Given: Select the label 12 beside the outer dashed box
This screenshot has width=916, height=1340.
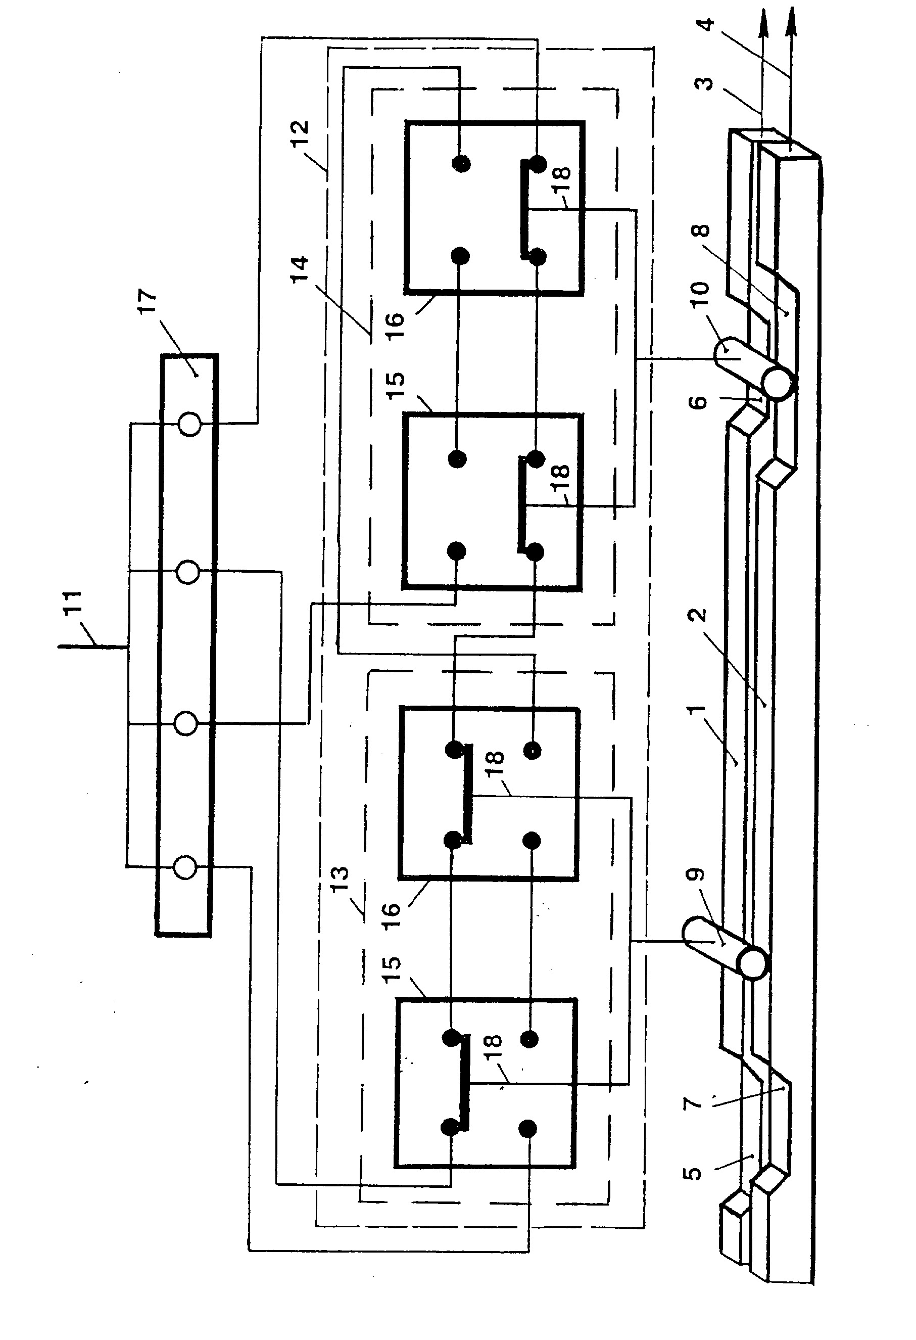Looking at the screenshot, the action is [300, 133].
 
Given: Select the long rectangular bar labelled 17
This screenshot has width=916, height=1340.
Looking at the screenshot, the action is [186, 645].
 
